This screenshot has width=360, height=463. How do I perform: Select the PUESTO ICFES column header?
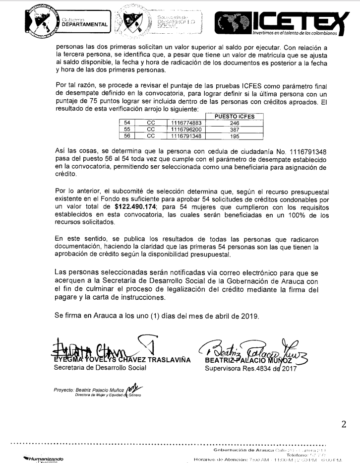point(235,116)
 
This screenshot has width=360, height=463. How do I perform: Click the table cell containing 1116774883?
point(186,122)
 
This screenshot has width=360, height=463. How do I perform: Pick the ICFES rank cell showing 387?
point(235,129)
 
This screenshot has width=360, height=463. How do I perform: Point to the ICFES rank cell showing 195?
point(235,135)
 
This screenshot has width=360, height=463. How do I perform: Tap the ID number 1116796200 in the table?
point(186,129)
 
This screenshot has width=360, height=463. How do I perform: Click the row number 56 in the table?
point(127,135)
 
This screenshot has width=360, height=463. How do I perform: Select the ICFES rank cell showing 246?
point(235,122)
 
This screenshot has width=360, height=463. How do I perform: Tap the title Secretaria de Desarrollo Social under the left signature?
point(100,368)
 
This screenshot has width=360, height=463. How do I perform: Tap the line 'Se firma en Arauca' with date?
point(156,316)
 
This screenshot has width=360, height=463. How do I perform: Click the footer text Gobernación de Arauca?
point(243,450)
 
